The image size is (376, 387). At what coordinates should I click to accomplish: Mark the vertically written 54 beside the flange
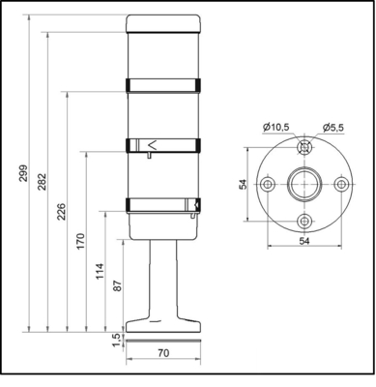point(243,184)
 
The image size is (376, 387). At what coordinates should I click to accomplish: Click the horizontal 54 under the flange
point(303,240)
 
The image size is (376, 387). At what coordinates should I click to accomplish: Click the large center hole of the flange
point(304,184)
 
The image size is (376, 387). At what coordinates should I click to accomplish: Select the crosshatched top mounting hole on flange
point(304,148)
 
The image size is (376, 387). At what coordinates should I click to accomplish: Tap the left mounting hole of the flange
point(267,184)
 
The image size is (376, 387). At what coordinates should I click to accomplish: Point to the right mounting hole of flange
point(339,184)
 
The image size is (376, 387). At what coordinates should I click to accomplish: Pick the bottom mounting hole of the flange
point(304,220)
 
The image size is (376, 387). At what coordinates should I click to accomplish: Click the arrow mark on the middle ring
point(151,146)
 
